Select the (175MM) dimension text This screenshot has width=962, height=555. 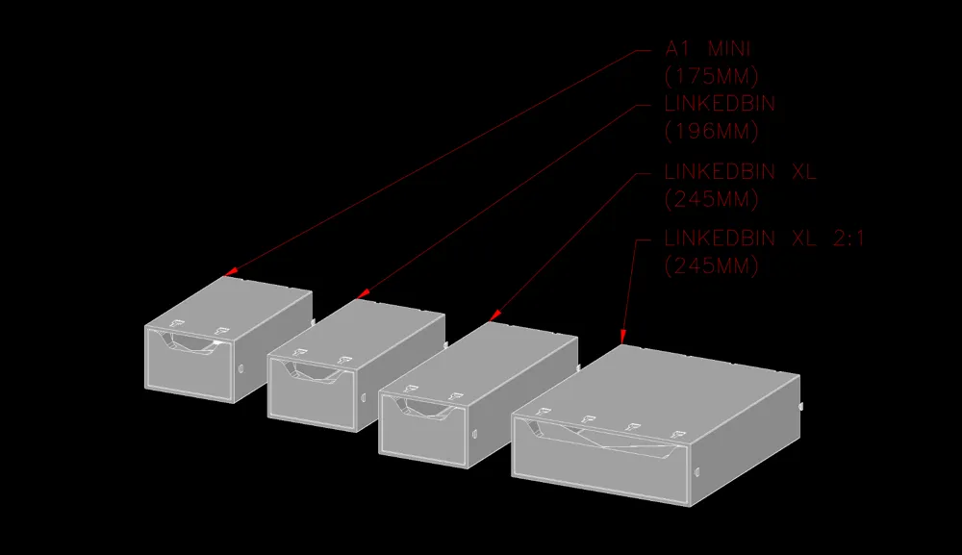coord(711,75)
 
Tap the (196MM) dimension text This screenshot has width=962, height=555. coord(711,130)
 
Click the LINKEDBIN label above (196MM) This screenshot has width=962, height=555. coord(720,103)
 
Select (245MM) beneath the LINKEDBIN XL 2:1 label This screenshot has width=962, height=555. coord(711,266)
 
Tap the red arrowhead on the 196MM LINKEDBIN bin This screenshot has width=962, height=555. coord(363,294)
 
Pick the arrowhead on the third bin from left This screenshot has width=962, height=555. coord(495,315)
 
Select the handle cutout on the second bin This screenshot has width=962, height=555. coord(316,371)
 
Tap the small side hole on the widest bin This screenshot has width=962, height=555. coord(696,471)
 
